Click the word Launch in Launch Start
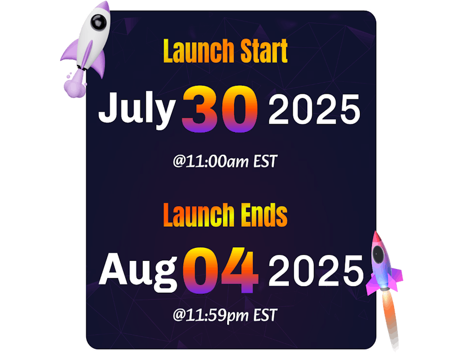pyautogui.click(x=198, y=51)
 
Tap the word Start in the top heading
pyautogui.click(x=264, y=51)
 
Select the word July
pyautogui.click(x=137, y=110)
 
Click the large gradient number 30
pyautogui.click(x=220, y=109)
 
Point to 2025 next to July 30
pyautogui.click(x=314, y=110)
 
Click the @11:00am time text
pyautogui.click(x=211, y=162)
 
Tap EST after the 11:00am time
pyautogui.click(x=265, y=162)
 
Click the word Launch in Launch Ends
pyautogui.click(x=198, y=215)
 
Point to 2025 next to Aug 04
pyautogui.click(x=316, y=271)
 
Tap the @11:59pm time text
pyautogui.click(x=211, y=316)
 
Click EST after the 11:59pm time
pyautogui.click(x=265, y=315)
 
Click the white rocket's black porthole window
pyautogui.click(x=98, y=22)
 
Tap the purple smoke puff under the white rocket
pyautogui.click(x=75, y=86)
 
